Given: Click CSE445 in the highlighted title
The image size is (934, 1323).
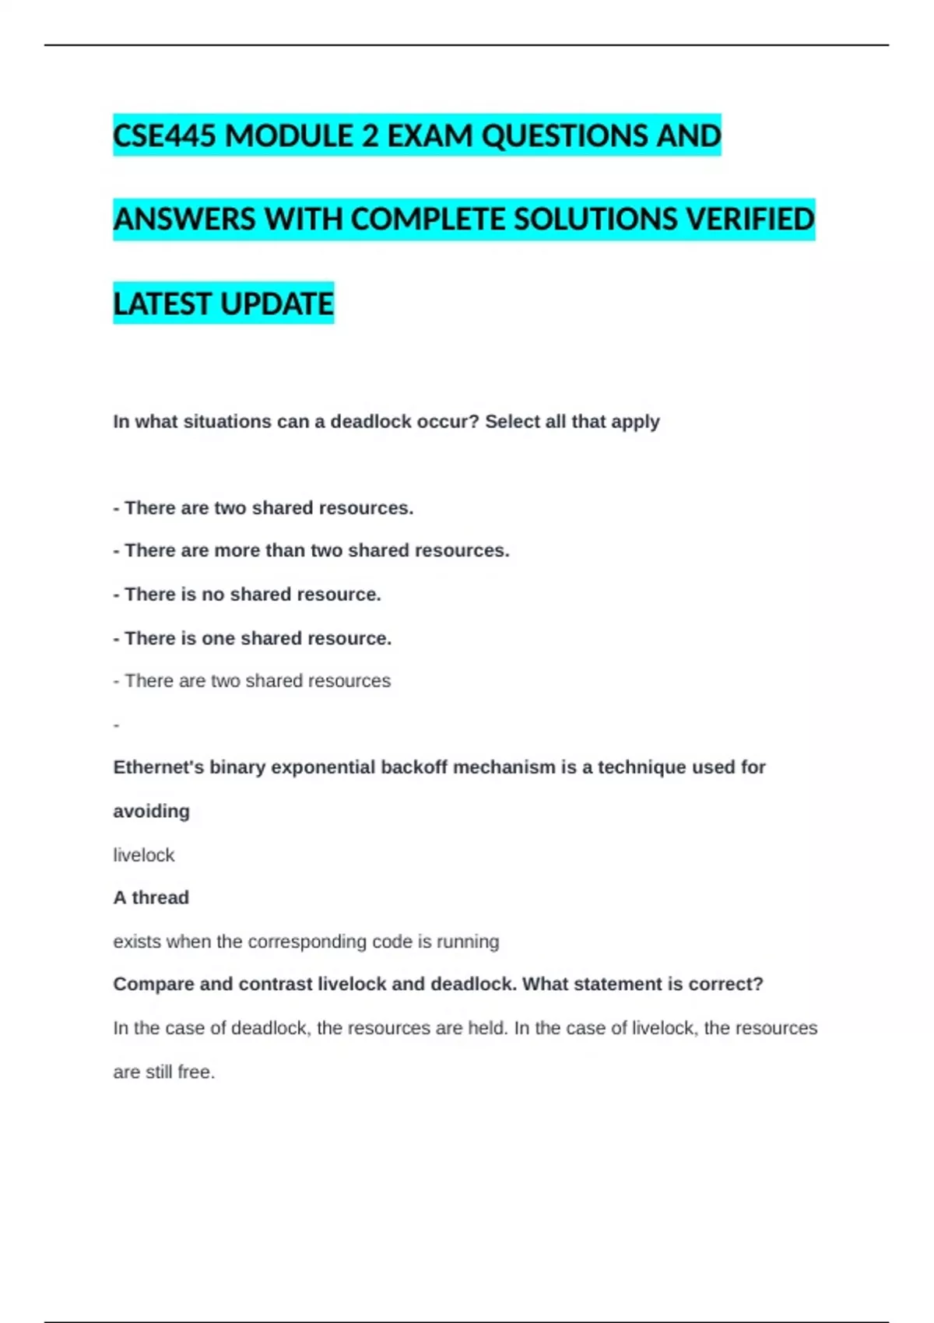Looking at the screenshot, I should tap(164, 136).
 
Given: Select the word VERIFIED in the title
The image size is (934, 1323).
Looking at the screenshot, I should tap(750, 219).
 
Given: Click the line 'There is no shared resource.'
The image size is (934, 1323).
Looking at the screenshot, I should tap(248, 595).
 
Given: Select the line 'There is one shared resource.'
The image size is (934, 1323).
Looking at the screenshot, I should tap(253, 638).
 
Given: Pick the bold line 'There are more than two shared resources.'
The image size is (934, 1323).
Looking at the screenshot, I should tap(311, 550).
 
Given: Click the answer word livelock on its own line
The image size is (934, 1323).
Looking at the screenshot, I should tap(144, 855).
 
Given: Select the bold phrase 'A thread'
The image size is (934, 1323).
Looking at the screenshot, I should tap(151, 898).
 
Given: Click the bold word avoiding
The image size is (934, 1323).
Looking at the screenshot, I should tap(152, 811).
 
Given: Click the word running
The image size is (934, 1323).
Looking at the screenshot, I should tap(468, 942).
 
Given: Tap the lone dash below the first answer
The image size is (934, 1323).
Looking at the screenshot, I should tap(117, 725).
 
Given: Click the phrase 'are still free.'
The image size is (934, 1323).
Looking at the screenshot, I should tap(164, 1072).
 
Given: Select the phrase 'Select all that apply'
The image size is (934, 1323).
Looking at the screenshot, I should tap(572, 422).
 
